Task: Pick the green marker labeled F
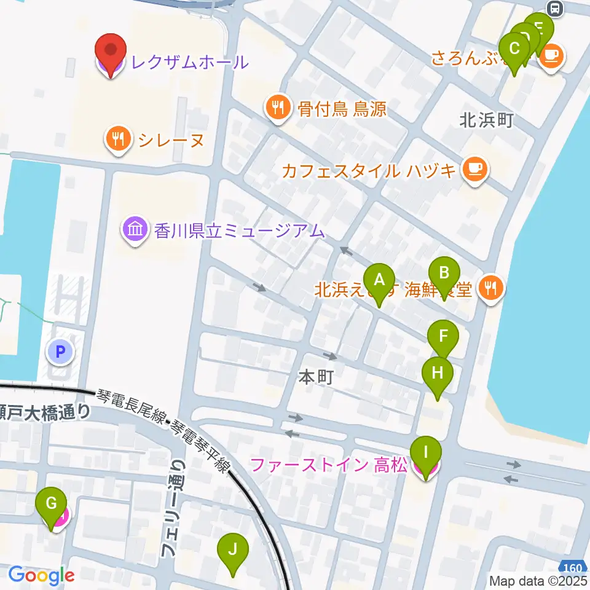click(x=442, y=337)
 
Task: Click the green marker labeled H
click(x=438, y=374)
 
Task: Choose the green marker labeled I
click(x=427, y=454)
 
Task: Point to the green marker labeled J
click(x=232, y=550)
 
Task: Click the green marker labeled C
click(x=515, y=49)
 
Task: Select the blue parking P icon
click(x=60, y=352)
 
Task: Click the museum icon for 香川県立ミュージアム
click(x=135, y=230)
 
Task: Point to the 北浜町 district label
click(x=486, y=120)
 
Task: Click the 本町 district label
click(x=316, y=376)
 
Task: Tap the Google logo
click(x=41, y=575)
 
